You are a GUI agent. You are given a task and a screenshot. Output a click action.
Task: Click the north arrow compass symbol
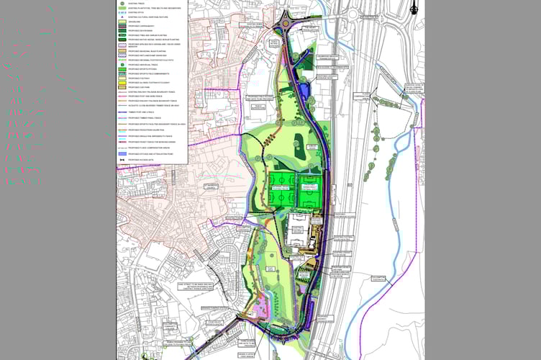coord(414,8)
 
